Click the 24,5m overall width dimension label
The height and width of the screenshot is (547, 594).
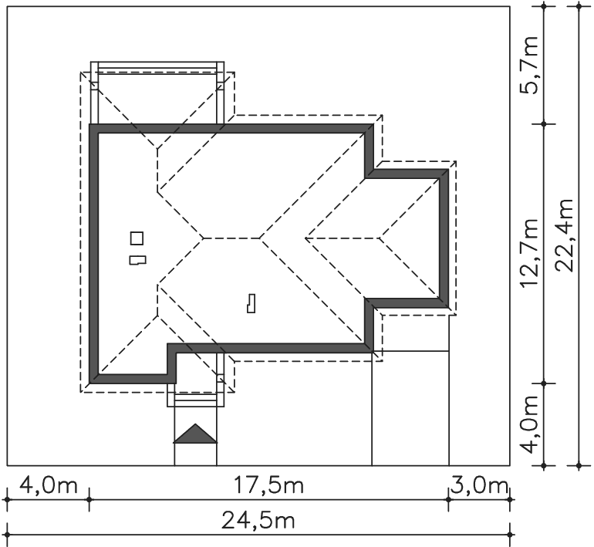click(x=258, y=520)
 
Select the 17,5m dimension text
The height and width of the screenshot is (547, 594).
click(x=268, y=485)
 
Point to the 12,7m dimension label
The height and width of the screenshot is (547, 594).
click(x=529, y=253)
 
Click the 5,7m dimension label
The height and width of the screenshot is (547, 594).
click(x=529, y=65)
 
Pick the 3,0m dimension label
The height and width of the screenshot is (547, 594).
click(x=479, y=485)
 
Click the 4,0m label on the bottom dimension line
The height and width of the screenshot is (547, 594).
click(x=48, y=485)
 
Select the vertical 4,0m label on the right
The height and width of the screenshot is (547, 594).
click(x=529, y=424)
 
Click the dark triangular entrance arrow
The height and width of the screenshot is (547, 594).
click(x=195, y=434)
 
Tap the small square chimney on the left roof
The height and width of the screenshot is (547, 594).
click(x=137, y=238)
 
